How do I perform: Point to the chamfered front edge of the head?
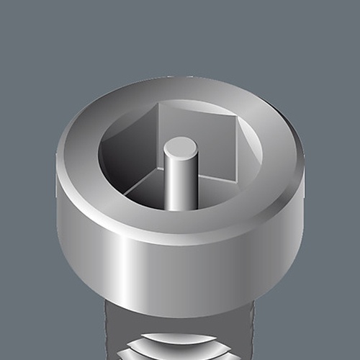[x=180, y=230]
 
